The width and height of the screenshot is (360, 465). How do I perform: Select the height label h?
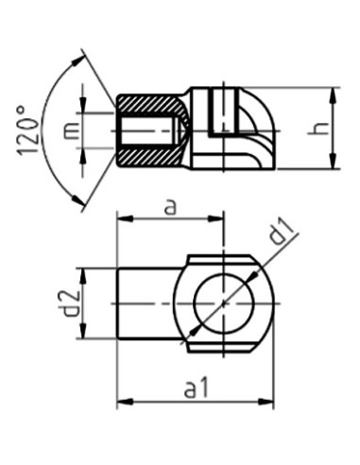click(x=322, y=129)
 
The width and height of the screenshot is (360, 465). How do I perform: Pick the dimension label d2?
click(x=63, y=302)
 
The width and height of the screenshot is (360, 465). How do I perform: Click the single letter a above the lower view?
click(x=170, y=206)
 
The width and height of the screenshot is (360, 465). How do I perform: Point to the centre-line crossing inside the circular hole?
click(x=224, y=302)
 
